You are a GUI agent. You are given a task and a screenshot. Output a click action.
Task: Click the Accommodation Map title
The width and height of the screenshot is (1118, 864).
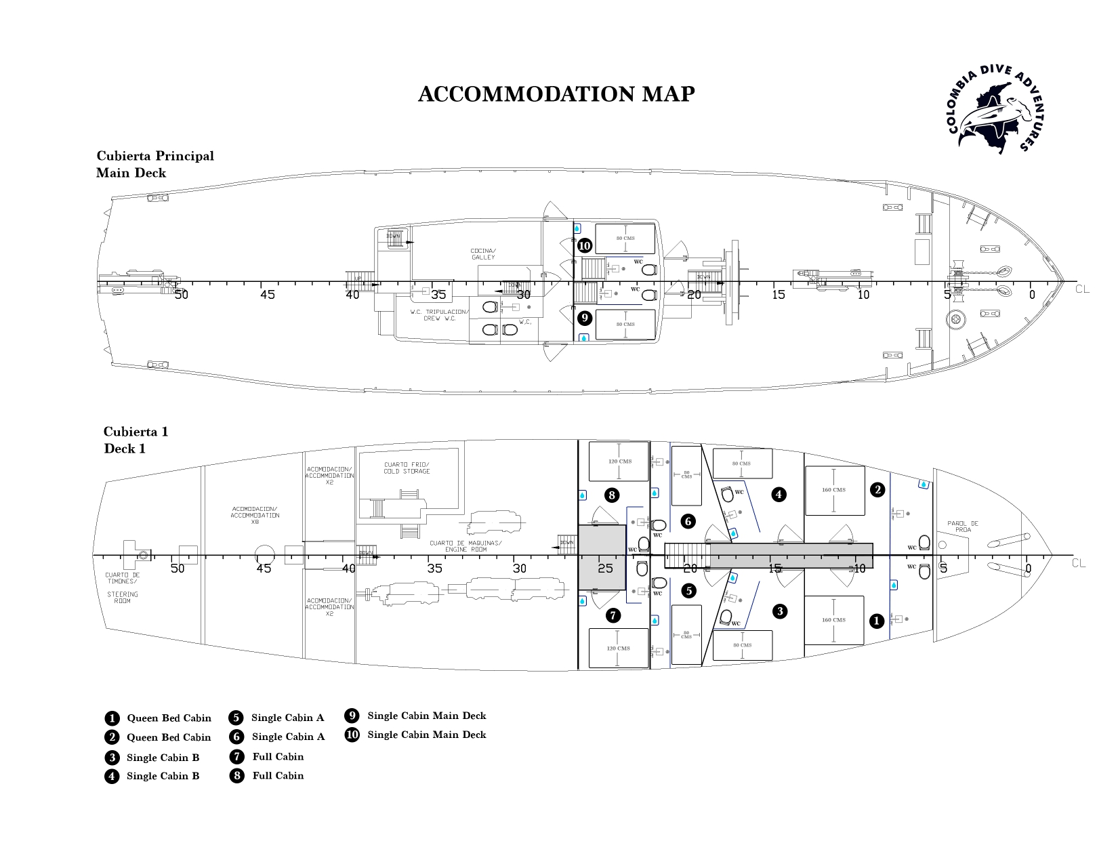click(556, 94)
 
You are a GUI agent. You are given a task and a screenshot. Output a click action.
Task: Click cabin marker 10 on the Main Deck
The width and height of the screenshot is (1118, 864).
click(584, 246)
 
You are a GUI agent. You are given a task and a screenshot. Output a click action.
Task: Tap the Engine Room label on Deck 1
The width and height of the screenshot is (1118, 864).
click(466, 546)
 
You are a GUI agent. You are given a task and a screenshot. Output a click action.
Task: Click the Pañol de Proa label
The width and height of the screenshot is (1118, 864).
click(962, 526)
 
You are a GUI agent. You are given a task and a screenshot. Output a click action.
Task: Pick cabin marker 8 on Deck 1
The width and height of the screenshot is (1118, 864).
click(612, 495)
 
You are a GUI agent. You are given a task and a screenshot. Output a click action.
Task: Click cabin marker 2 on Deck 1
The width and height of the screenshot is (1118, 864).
click(877, 490)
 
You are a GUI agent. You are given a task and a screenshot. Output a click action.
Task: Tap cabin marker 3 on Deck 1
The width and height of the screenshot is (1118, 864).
click(780, 611)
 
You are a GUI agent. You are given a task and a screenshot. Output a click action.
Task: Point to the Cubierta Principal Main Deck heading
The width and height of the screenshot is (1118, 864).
click(155, 164)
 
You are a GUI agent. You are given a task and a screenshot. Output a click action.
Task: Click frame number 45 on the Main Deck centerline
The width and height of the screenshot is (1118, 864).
click(267, 295)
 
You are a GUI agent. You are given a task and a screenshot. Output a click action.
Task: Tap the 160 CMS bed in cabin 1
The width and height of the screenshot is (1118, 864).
click(834, 620)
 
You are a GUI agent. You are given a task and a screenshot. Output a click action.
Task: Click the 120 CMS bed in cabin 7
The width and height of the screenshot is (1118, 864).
click(619, 649)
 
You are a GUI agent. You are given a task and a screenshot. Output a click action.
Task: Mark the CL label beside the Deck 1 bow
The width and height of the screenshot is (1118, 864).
click(1079, 563)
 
